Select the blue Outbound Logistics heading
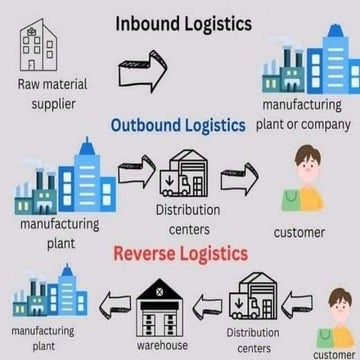177,125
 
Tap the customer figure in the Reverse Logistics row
337,313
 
